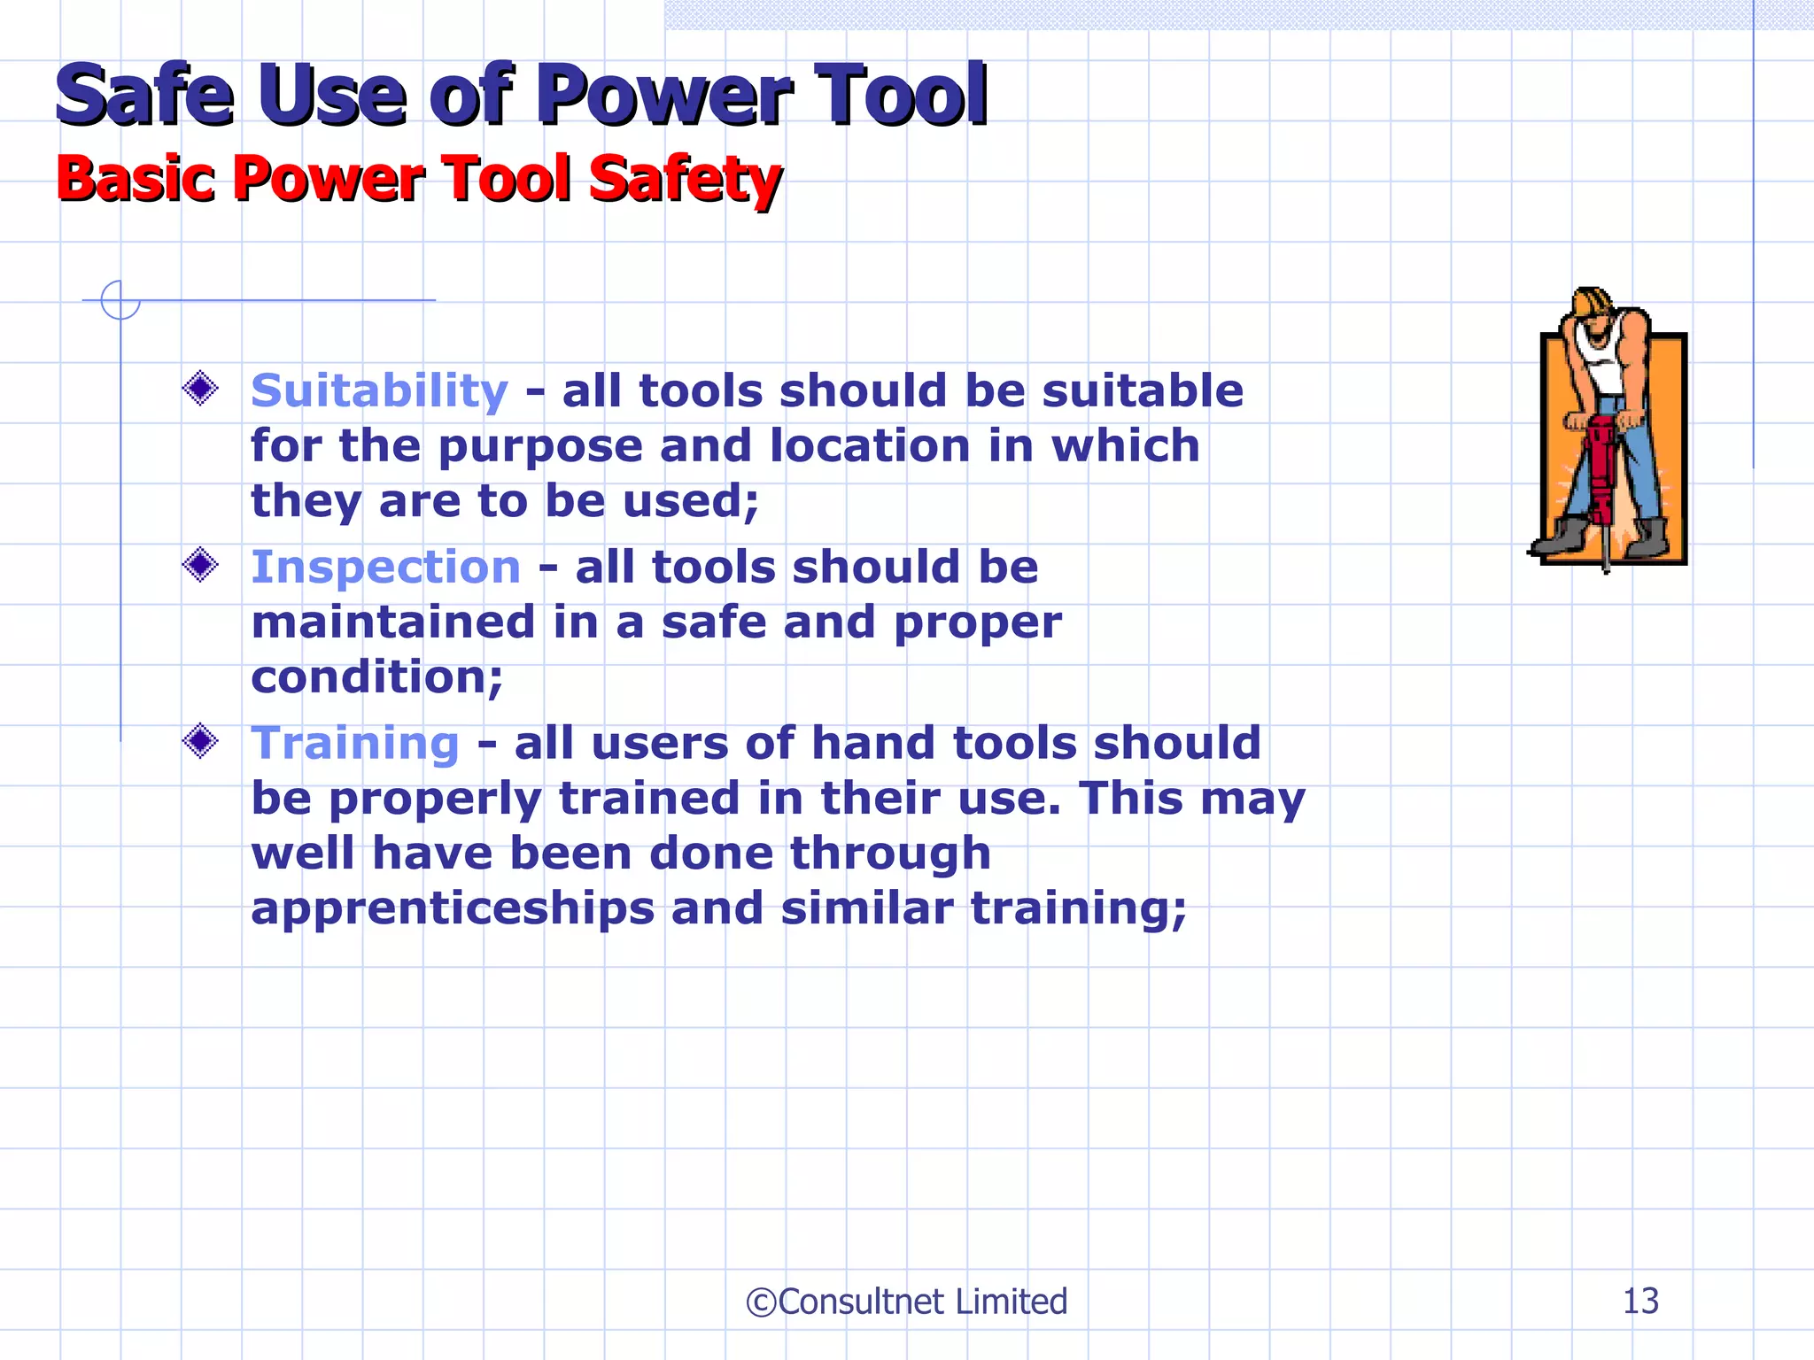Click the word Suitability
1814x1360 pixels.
(379, 390)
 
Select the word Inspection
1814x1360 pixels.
(385, 567)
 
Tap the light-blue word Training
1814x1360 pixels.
(354, 743)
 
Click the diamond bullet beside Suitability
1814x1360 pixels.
(200, 388)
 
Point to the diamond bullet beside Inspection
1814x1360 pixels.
(200, 564)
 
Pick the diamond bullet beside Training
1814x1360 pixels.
(200, 740)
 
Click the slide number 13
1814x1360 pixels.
(1640, 1301)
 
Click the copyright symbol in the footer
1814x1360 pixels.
(761, 1302)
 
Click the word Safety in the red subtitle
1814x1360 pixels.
(685, 179)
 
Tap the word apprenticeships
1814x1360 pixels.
(452, 910)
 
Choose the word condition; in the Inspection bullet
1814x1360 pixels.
(376, 677)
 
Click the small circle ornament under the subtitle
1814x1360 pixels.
(120, 300)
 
